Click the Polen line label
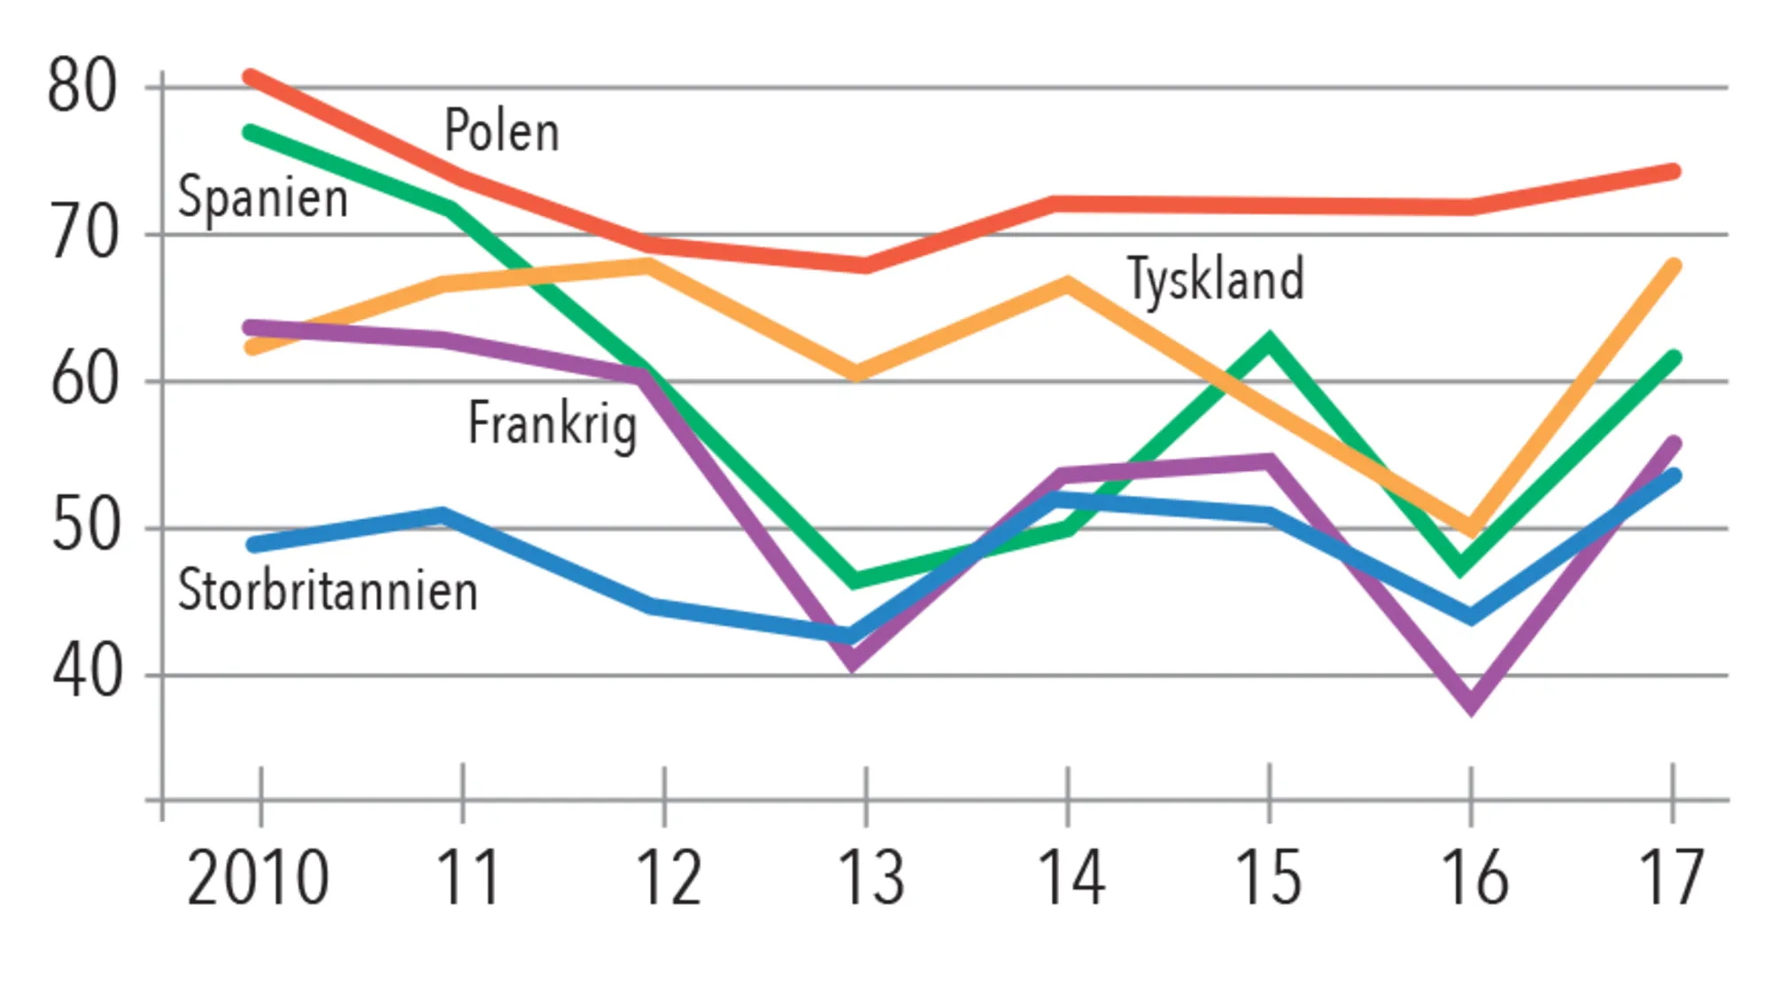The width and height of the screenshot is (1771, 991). pyautogui.click(x=501, y=131)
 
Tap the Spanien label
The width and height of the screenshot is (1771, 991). pyautogui.click(x=263, y=197)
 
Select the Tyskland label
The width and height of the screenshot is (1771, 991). pyautogui.click(x=1215, y=279)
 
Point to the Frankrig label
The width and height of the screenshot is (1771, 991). pyautogui.click(x=552, y=424)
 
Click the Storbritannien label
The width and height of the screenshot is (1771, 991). pyautogui.click(x=328, y=591)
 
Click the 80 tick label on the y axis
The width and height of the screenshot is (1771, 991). pyautogui.click(x=81, y=87)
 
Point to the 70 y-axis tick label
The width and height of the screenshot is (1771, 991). pyautogui.click(x=83, y=234)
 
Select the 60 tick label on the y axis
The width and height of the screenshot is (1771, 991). pyautogui.click(x=83, y=381)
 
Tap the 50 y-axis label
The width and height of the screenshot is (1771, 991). pyautogui.click(x=83, y=528)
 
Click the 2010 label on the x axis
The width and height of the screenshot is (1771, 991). pyautogui.click(x=258, y=879)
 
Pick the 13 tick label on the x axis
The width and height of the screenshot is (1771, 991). pyautogui.click(x=870, y=879)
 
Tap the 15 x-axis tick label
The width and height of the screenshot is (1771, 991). pyautogui.click(x=1268, y=879)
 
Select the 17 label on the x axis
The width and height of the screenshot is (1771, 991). pyautogui.click(x=1671, y=879)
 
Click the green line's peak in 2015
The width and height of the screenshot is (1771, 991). pyautogui.click(x=1269, y=341)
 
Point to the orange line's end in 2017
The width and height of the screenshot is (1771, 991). pyautogui.click(x=1673, y=266)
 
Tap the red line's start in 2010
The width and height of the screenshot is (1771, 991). pyautogui.click(x=251, y=77)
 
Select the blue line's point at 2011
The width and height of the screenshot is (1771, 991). pyautogui.click(x=443, y=515)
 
